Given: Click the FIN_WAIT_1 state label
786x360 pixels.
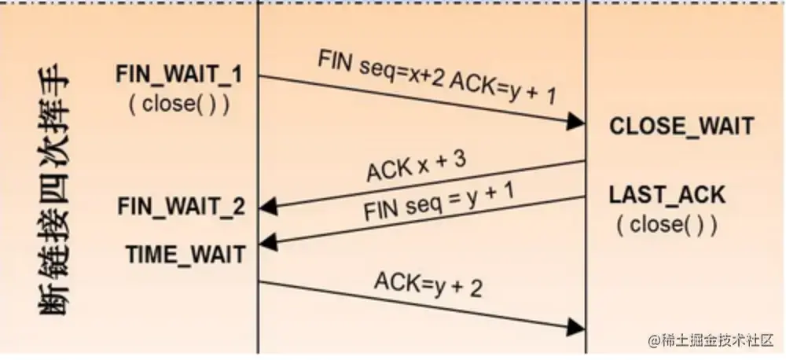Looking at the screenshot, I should tap(179, 76).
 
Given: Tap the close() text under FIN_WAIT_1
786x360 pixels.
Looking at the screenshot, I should tap(179, 104).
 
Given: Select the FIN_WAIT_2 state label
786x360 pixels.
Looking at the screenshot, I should tap(181, 207).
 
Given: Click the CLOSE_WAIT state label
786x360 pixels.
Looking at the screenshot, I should tap(681, 126).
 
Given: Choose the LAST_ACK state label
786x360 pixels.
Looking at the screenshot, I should tap(667, 196).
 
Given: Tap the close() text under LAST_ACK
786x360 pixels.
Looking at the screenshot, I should tap(667, 225).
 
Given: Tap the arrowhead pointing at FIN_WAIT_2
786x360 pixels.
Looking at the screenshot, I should tap(268, 208).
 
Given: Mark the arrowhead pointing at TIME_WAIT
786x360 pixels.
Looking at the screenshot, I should tap(268, 241).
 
